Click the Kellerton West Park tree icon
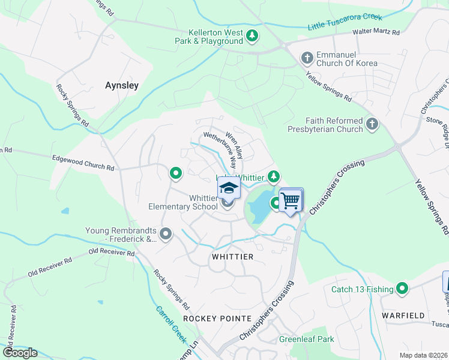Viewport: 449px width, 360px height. (253, 36)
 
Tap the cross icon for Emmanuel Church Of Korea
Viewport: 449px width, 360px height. (307, 58)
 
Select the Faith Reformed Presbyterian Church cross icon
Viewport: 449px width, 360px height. (372, 124)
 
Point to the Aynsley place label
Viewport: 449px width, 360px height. (122, 85)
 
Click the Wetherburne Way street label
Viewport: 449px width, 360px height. (220, 148)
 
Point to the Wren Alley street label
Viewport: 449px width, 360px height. (234, 145)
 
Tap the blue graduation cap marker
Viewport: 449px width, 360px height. (229, 188)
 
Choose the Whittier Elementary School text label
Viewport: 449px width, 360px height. (183, 202)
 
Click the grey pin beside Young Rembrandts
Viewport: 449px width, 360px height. (166, 233)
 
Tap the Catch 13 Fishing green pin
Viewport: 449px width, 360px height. (402, 289)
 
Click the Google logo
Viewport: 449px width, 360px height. (20, 352)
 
